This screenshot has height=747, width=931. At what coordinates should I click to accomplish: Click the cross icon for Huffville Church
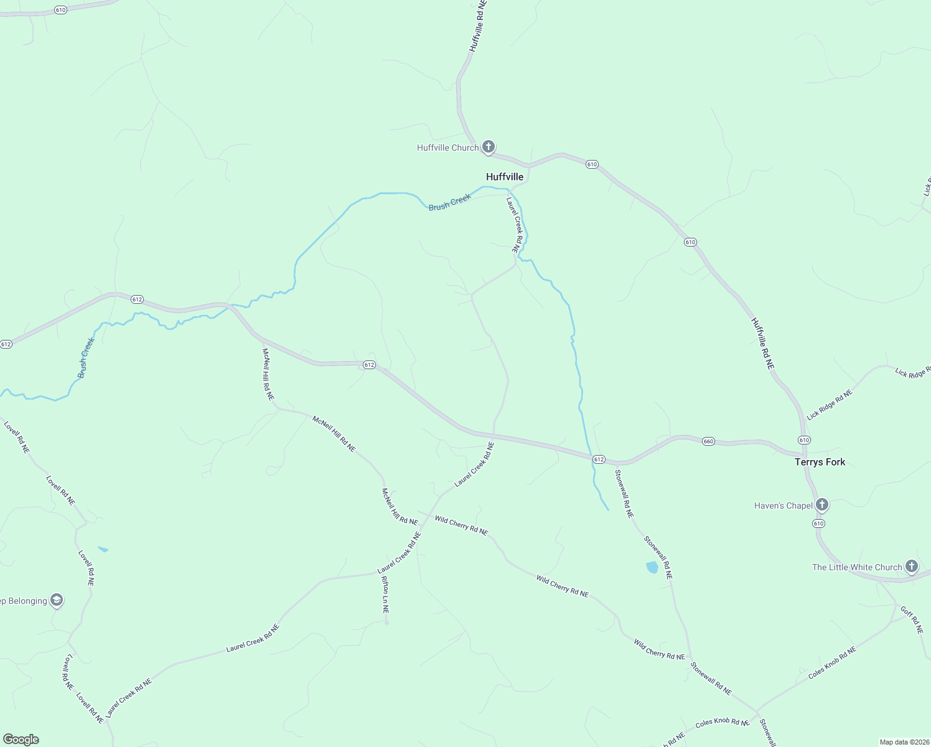point(489,147)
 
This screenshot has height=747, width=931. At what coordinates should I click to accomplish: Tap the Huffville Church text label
point(447,148)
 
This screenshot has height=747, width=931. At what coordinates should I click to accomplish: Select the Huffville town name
point(505,177)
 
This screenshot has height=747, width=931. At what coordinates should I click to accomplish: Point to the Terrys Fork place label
point(820,462)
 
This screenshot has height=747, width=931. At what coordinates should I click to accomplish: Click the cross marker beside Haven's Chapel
point(822,505)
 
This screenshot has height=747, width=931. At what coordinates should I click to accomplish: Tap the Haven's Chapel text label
point(784,505)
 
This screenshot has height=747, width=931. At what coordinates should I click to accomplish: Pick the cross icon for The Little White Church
point(912,566)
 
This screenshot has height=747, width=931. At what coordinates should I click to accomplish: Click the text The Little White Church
point(856,567)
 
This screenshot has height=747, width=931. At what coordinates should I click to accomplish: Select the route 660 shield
point(708,441)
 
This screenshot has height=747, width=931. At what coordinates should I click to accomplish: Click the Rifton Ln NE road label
point(385,595)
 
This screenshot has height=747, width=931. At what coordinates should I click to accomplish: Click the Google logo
point(21,739)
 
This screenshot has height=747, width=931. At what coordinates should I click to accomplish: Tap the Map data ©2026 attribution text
point(904,742)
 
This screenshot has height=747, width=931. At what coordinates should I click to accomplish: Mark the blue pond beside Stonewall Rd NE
point(652,567)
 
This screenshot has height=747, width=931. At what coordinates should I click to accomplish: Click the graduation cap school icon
point(57,600)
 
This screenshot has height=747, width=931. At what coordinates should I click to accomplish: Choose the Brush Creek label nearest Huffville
point(449,202)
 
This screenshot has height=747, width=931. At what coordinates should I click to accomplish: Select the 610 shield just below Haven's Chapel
point(818,524)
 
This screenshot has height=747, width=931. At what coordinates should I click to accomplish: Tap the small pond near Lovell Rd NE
point(103,549)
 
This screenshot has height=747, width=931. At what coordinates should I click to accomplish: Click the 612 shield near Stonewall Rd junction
point(598,459)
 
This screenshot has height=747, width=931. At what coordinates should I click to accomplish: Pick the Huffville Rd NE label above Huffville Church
point(477,26)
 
